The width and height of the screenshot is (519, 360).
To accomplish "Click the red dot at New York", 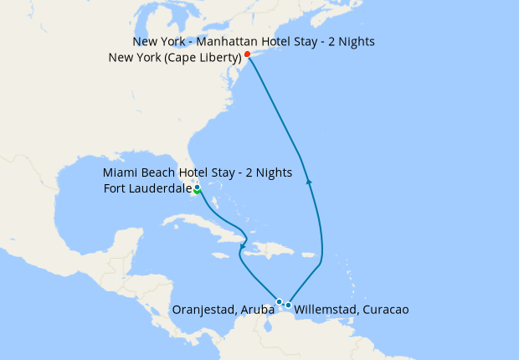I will (247, 54).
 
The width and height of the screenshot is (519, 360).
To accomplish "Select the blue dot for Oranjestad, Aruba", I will (279, 301).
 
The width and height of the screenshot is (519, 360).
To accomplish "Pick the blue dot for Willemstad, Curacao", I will (288, 305).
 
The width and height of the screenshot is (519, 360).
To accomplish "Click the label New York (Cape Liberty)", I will (175, 57).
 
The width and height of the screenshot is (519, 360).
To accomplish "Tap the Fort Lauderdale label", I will (148, 188).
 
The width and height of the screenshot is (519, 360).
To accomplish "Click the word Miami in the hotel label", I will (120, 172).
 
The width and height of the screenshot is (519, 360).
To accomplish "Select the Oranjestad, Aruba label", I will (223, 310).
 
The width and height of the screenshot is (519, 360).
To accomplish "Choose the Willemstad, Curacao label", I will (352, 310).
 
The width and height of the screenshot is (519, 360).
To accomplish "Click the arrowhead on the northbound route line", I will (310, 180).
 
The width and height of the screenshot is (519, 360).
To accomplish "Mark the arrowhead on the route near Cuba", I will (241, 244).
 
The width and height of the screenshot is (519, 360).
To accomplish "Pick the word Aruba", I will (259, 310).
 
